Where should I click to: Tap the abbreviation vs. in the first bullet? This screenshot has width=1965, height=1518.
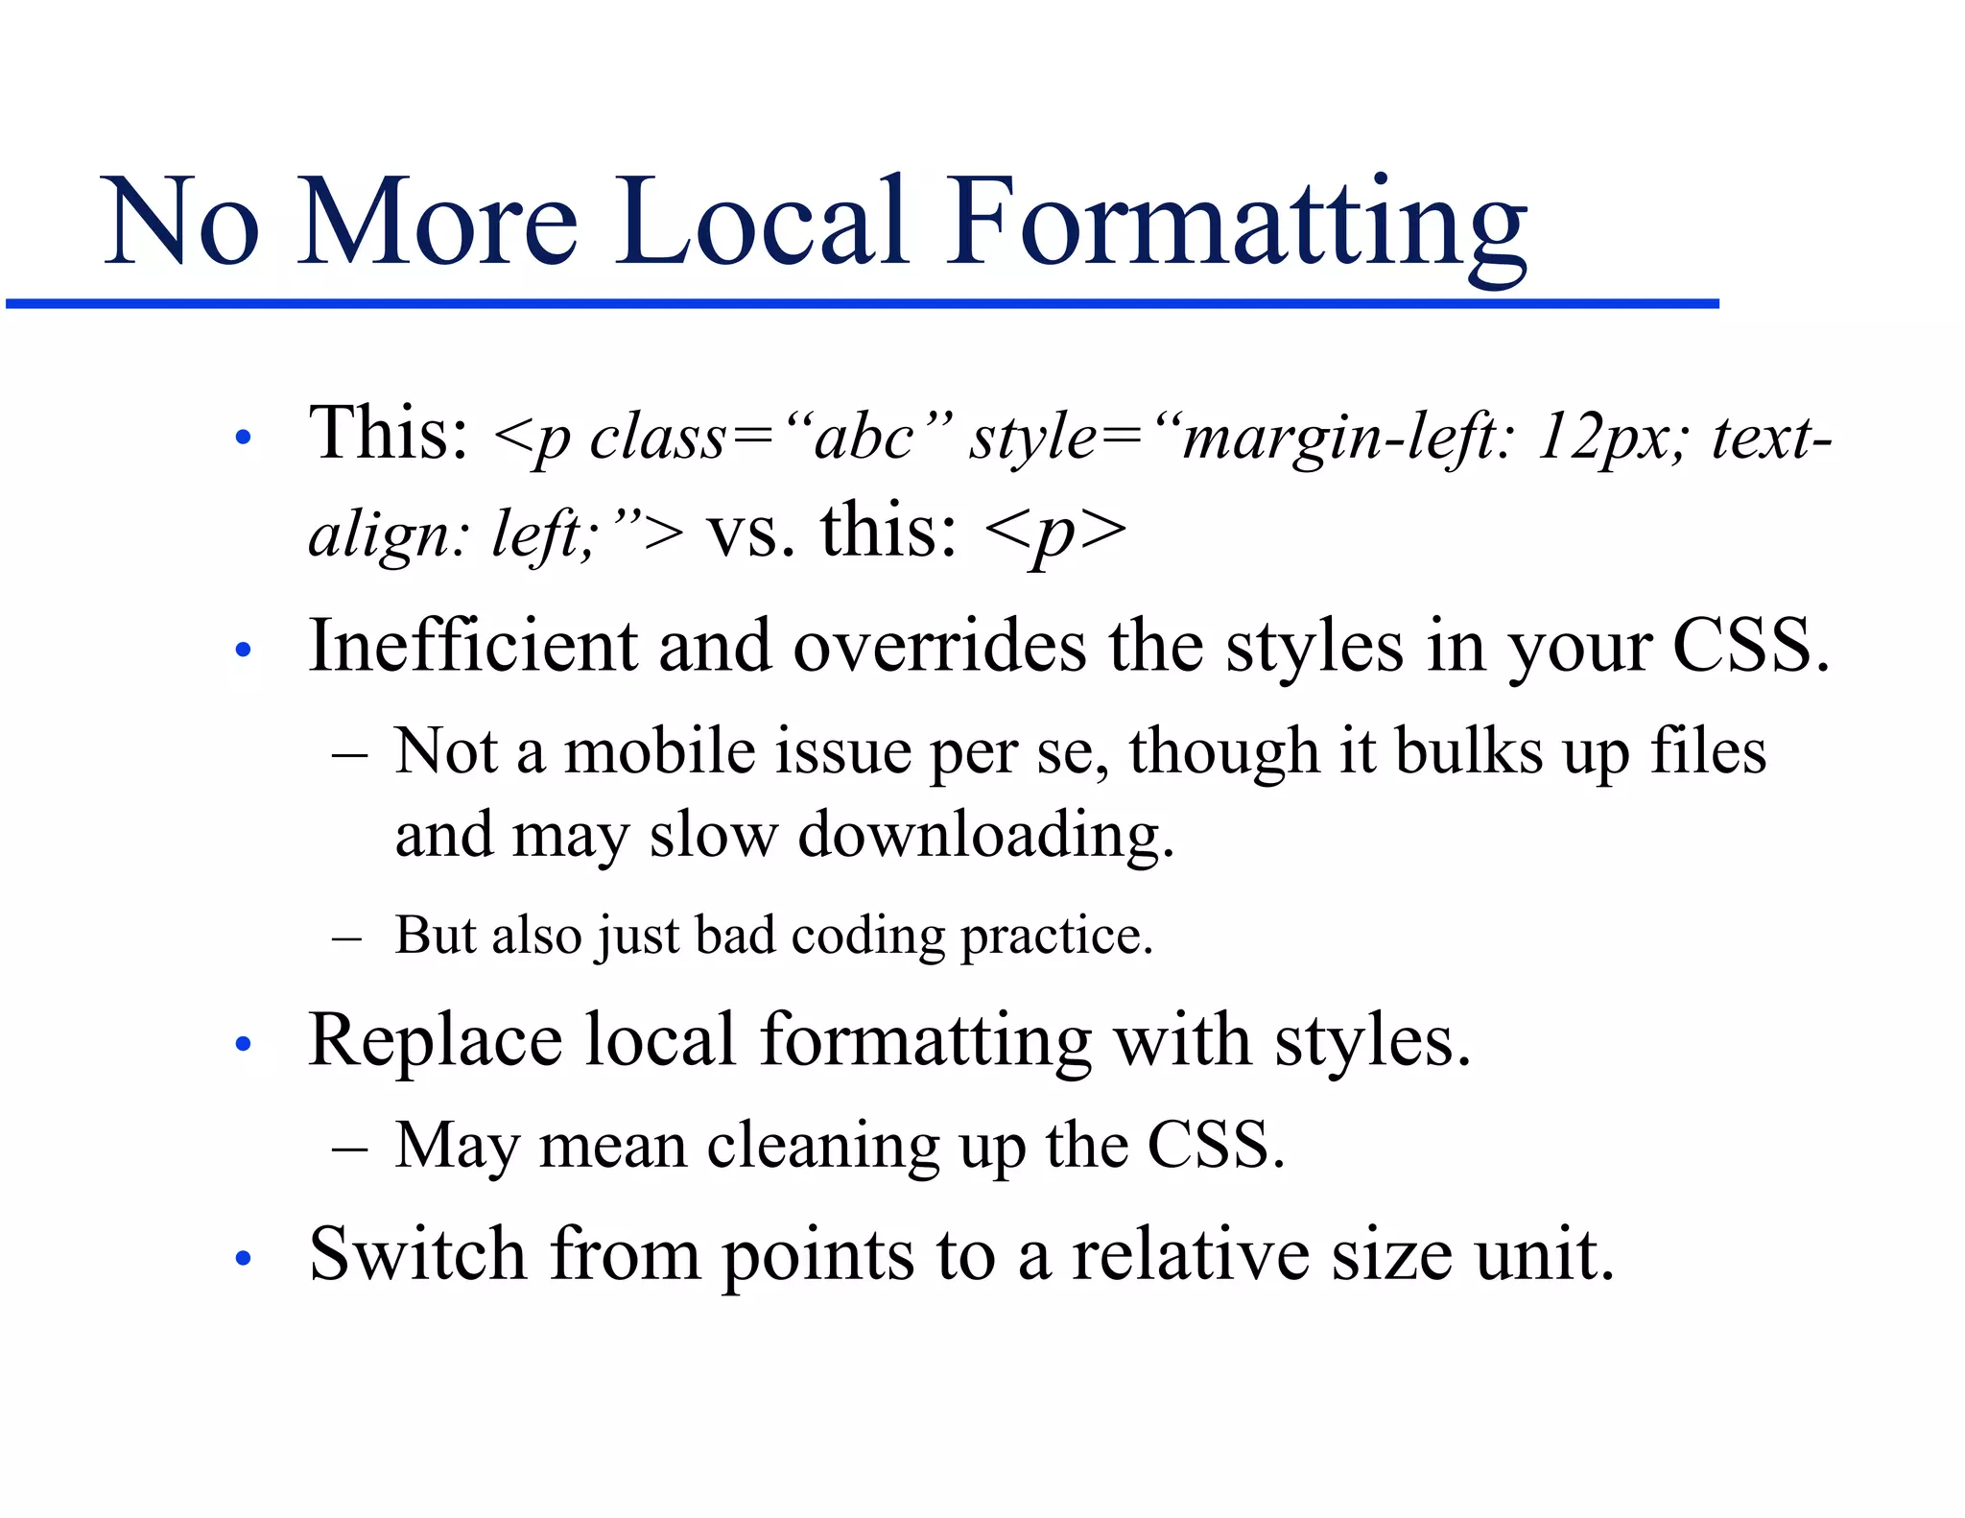751,534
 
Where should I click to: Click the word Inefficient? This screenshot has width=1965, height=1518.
472,646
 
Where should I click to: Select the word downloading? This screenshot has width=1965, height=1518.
985,836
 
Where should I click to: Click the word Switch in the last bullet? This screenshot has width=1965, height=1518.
417,1254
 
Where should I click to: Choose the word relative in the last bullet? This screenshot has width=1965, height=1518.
1190,1254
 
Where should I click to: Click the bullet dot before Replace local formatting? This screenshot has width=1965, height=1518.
243,1043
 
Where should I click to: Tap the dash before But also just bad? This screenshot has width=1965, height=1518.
345,937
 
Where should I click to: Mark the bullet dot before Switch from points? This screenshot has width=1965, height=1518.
243,1257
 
